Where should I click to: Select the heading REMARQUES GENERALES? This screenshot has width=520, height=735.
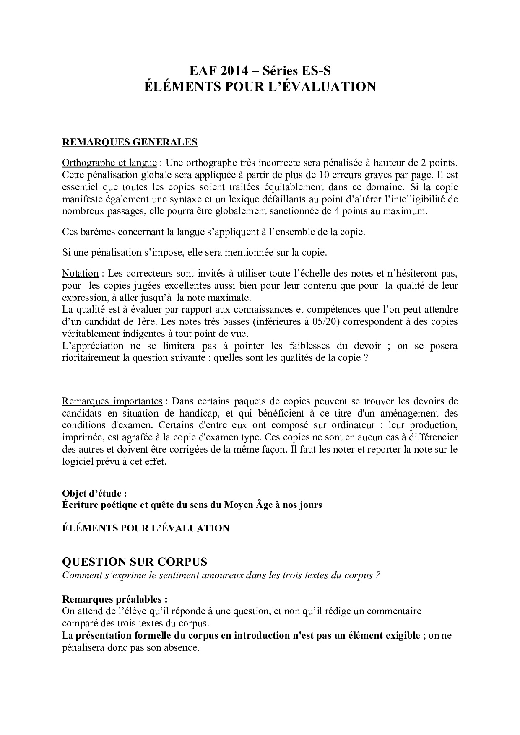point(130,142)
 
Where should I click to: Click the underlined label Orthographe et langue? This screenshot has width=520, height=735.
point(109,163)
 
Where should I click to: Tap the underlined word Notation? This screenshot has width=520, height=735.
point(80,274)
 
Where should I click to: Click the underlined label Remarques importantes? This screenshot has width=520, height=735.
point(112,401)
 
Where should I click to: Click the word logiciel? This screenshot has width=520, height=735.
point(77,462)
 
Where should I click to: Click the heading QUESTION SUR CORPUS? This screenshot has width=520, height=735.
point(134,562)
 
